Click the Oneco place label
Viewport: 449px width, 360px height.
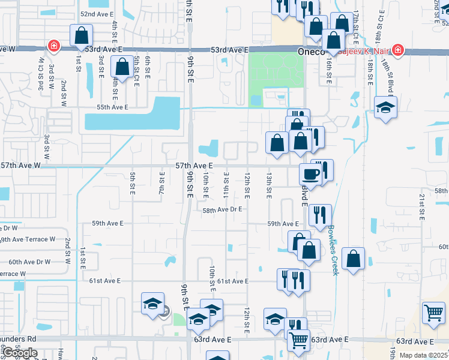tap(312, 52)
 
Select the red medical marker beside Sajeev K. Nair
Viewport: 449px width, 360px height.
tap(397, 50)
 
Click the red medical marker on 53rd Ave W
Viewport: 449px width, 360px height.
tap(53, 46)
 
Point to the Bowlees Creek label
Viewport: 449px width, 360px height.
tap(333, 250)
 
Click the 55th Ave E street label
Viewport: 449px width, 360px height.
tap(113, 107)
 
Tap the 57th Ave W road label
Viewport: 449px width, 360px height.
tap(20, 165)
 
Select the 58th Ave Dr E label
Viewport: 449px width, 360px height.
tap(221, 210)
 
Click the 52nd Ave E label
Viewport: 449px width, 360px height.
tap(96, 13)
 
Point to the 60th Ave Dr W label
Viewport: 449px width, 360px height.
tap(30, 262)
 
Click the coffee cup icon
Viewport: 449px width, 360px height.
tap(310, 174)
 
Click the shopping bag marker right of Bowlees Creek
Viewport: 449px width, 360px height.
tap(354, 259)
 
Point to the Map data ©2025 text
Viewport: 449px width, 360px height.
tap(423, 355)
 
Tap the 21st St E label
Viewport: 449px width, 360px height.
tap(422, 205)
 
